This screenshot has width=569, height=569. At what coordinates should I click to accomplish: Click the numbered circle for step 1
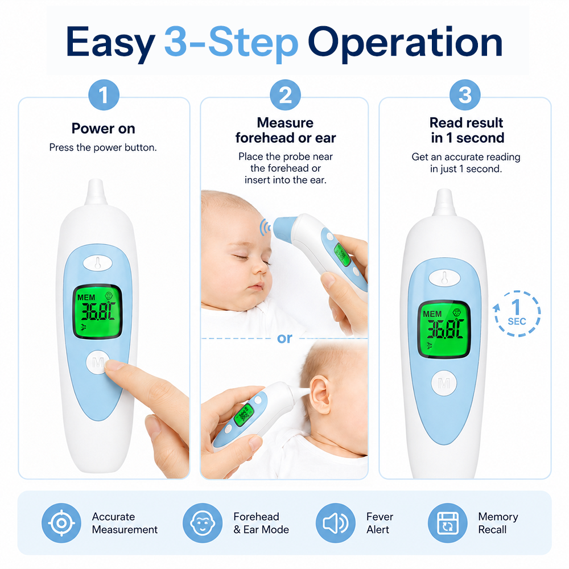coord(104,95)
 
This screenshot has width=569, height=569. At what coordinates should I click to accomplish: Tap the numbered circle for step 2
coord(285,95)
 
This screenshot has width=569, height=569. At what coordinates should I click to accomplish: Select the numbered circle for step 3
coord(465,95)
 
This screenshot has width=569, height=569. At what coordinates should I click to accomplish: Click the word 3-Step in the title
coord(231,43)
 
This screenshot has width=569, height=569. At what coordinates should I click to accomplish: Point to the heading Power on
coord(104,129)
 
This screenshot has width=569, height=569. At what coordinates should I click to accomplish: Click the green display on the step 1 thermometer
coord(97,311)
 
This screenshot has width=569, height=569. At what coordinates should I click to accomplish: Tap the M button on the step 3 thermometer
coord(444,383)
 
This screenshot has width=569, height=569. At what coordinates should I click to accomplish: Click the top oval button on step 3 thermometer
coord(444,278)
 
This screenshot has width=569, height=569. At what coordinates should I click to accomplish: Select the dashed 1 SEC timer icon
coord(517,313)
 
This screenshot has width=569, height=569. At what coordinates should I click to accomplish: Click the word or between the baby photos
coord(284,338)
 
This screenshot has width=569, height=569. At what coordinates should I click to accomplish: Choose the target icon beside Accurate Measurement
coord(61,523)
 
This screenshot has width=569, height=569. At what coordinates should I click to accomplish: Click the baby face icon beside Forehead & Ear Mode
coord(203,523)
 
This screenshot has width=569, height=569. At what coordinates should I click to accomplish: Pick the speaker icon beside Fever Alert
coord(335,523)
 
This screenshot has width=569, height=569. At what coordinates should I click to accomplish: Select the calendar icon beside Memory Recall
coord(447,523)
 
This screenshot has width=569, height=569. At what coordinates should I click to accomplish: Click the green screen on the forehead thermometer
coord(342,254)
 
